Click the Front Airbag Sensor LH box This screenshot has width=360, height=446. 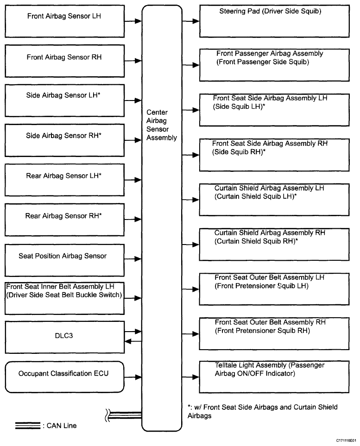click(x=64, y=21)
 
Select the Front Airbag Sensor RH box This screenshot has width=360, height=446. click(x=64, y=61)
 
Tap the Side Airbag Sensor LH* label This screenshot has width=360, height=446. click(x=63, y=95)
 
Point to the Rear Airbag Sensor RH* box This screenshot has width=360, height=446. click(x=64, y=220)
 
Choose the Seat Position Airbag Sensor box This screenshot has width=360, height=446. click(x=64, y=260)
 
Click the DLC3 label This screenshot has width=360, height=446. click(x=64, y=336)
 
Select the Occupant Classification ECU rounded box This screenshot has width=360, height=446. click(x=64, y=377)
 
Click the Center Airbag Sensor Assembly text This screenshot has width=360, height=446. click(x=161, y=125)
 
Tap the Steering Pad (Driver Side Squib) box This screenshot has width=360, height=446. click(x=274, y=21)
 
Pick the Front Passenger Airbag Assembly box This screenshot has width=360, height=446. click(x=274, y=65)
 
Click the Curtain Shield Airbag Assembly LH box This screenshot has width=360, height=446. click(x=274, y=200)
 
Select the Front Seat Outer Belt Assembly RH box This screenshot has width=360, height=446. click(x=274, y=333)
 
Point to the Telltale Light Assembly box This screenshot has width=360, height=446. click(x=274, y=377)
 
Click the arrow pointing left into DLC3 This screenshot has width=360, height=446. click(x=133, y=341)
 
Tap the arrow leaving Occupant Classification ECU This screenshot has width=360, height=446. click(x=133, y=377)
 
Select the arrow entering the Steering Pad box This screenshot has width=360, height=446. click(x=191, y=21)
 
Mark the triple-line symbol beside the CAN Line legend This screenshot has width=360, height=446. click(x=28, y=426)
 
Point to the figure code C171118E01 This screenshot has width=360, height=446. click(x=346, y=440)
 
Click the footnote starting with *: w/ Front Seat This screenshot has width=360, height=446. click(x=262, y=411)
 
